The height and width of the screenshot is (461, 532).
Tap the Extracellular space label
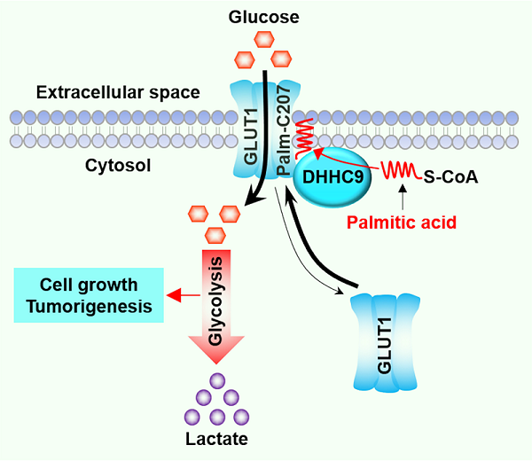click(118, 92)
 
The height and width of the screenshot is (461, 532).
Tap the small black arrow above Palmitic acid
click(404, 195)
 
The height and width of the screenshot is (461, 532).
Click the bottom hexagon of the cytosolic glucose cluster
click(215, 234)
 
